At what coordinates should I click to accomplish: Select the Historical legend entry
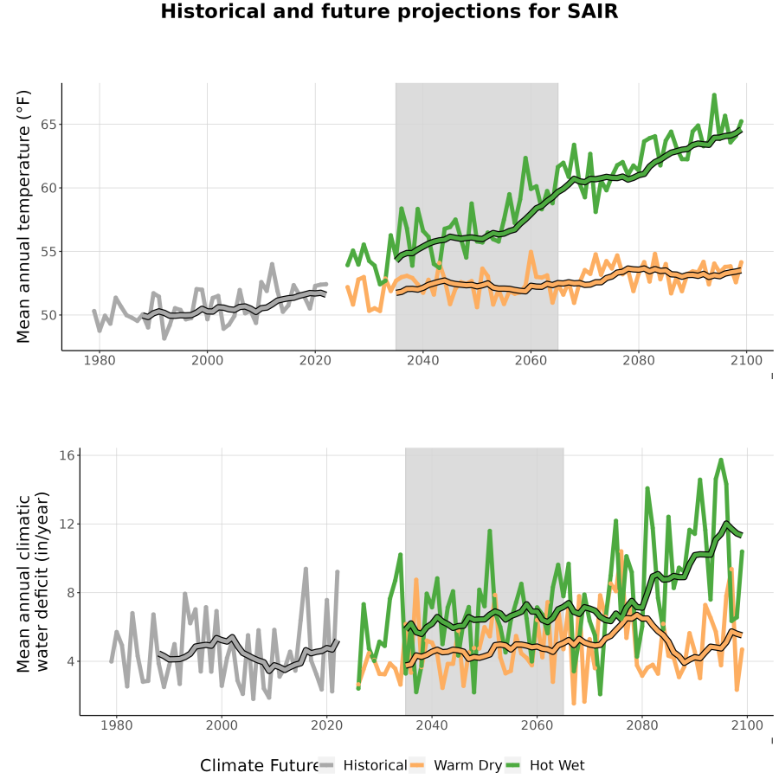[x=363, y=765]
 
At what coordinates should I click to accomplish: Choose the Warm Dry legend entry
[x=455, y=765]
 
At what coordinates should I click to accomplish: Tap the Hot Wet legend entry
[x=545, y=765]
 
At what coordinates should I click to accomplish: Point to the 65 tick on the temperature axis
[x=48, y=124]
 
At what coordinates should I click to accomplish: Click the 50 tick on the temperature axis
[x=48, y=315]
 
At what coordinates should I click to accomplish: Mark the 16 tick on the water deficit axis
[x=67, y=455]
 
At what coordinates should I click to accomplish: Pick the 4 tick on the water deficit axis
[x=70, y=661]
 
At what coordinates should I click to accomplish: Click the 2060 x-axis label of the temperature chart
[x=531, y=360]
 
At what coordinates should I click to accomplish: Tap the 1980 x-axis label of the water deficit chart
[x=117, y=725]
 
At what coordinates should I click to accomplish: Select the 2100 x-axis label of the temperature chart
[x=746, y=360]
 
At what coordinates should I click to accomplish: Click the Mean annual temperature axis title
[x=23, y=216]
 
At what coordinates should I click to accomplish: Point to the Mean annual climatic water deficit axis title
[x=33, y=582]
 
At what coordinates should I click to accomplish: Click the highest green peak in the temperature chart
[x=714, y=95]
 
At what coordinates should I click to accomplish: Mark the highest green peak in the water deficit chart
[x=721, y=460]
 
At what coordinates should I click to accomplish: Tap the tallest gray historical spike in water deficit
[x=306, y=569]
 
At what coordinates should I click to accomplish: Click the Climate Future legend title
[x=260, y=766]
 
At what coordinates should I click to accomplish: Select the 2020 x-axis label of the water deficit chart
[x=327, y=725]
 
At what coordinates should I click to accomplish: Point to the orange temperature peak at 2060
[x=531, y=253]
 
